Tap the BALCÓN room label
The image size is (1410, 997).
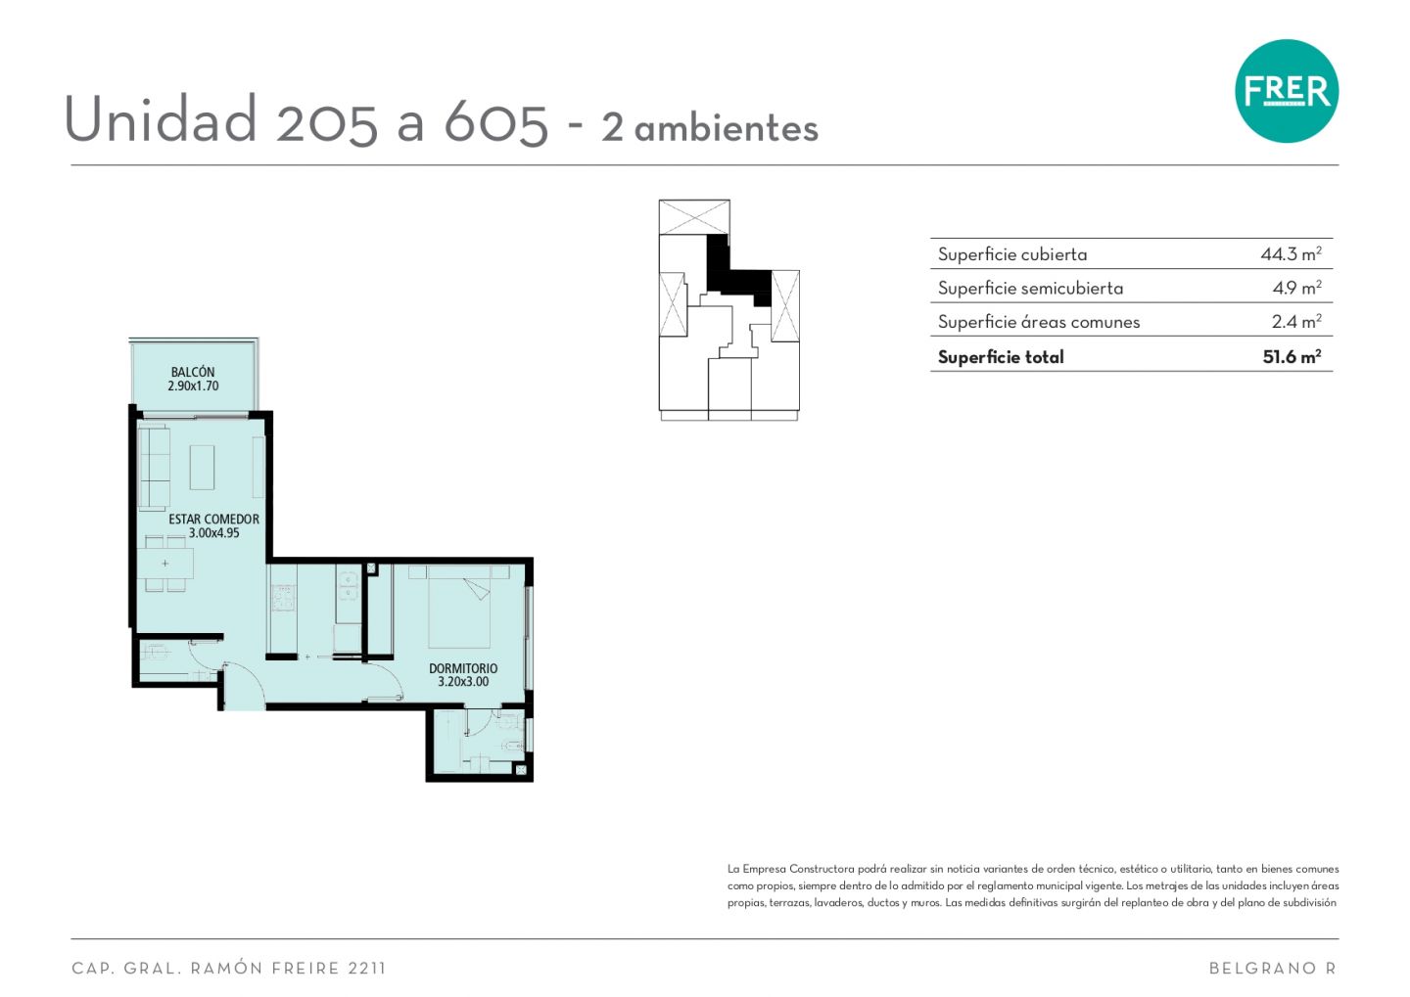point(193,373)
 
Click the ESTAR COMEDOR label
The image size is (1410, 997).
point(214,519)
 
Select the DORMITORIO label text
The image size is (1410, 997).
point(463,668)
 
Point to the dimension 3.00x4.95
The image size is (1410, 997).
point(214,533)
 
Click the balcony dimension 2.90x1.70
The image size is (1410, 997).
point(193,386)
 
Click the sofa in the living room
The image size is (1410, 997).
point(154,466)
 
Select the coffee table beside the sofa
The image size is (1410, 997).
point(202,467)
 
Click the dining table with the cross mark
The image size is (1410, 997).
point(165,563)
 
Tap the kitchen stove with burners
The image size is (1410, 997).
point(283,597)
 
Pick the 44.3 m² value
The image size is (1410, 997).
point(1291,253)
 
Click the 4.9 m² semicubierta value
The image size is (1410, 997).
point(1296,288)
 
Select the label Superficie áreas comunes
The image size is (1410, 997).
point(1039,322)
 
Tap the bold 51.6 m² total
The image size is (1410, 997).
point(1292,357)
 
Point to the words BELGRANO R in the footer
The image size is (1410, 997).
point(1272,968)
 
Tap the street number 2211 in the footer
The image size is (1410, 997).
point(366,968)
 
